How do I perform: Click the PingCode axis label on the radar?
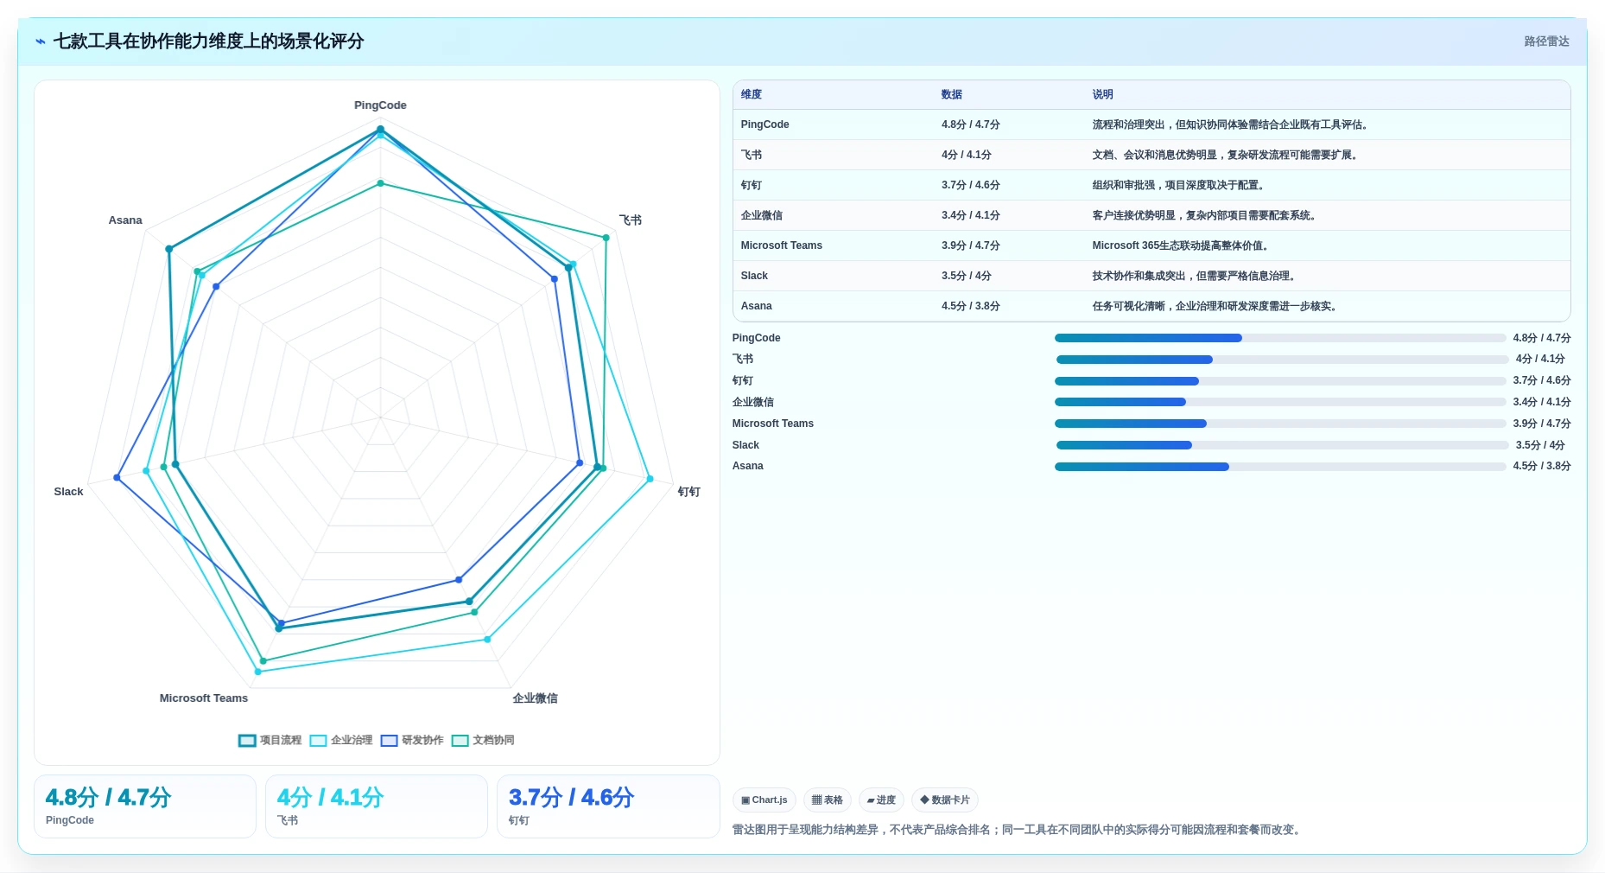(380, 105)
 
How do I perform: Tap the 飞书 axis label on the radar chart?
(631, 220)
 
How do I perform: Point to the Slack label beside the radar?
(68, 492)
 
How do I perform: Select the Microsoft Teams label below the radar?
(204, 698)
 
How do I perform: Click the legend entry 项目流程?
(270, 741)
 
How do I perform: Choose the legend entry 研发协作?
(412, 741)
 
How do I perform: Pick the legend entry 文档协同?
(483, 741)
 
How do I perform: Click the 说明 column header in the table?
(1102, 95)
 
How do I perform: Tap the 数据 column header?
(952, 95)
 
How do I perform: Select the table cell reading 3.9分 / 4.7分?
(971, 245)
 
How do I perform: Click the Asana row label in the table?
(756, 306)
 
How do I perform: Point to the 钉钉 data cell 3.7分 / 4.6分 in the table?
(971, 185)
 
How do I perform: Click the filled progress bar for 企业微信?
(1120, 402)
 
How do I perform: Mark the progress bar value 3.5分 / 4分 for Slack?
(1540, 445)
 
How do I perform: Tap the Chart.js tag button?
(764, 800)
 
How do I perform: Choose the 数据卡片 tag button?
(945, 800)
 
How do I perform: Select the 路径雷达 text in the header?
(1546, 41)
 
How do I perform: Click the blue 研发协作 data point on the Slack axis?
(117, 478)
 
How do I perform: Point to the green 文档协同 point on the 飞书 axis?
(606, 238)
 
